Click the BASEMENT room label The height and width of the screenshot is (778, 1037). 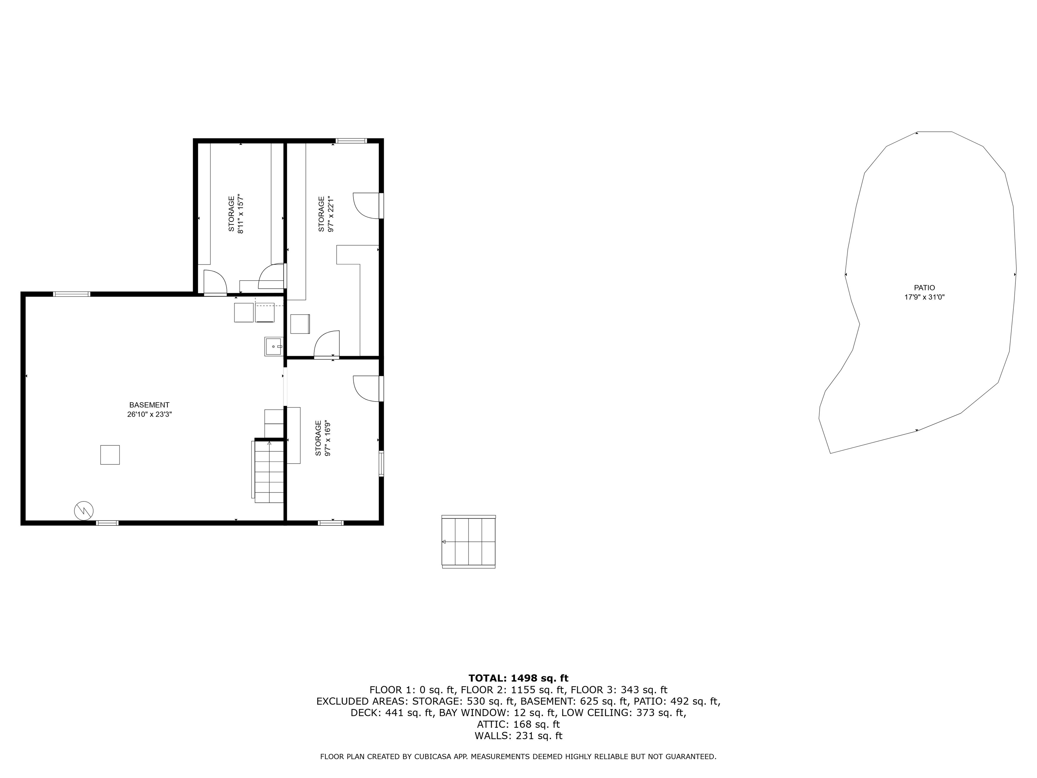coord(149,405)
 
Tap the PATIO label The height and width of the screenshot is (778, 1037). coord(924,288)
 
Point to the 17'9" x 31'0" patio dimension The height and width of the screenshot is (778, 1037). coord(924,297)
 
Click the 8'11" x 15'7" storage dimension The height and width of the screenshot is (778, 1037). coord(241,214)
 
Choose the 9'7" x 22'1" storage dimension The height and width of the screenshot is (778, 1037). coord(331,214)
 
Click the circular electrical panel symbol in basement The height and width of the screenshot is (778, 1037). coord(84,510)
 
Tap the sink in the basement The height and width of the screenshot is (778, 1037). coord(273,346)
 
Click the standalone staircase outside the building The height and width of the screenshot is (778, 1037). coord(468,542)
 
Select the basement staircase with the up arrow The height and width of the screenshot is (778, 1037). coord(269,471)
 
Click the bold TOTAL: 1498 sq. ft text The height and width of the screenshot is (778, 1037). coord(518,678)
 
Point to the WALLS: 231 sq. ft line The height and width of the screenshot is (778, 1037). coord(518,736)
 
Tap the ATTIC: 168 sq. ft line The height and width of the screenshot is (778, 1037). coord(518,725)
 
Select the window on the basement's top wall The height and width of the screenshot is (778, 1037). coord(71,294)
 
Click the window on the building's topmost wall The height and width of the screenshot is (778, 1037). coord(351,140)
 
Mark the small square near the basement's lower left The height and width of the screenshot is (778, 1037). coord(110,455)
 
